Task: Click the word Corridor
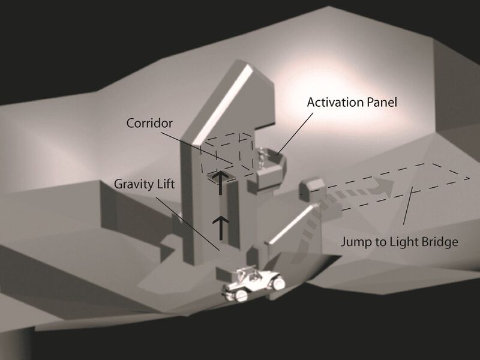(x=149, y=122)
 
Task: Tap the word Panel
(x=382, y=102)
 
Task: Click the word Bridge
(x=442, y=242)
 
